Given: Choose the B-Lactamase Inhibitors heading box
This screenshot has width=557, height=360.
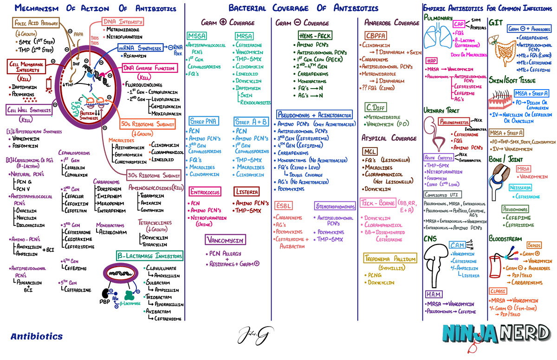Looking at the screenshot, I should coord(150,256).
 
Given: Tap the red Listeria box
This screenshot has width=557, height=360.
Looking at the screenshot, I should coord(246,192).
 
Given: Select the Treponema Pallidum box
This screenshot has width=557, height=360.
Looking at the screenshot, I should coord(390,259).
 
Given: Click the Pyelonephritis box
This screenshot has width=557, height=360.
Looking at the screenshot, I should coord(454,122).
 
